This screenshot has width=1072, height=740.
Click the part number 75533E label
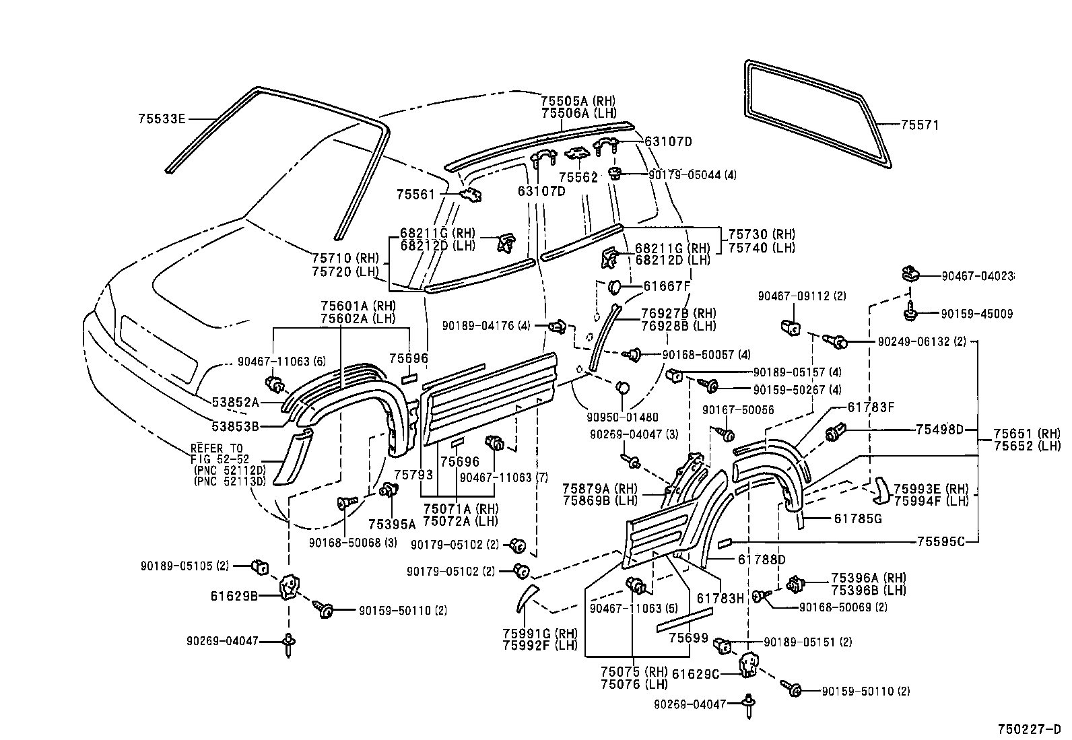[161, 119]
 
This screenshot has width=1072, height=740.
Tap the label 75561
[416, 195]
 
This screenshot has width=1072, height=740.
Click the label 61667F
[667, 285]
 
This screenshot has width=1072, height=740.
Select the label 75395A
[392, 524]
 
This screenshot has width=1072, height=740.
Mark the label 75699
[688, 637]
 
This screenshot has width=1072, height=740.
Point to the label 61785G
[857, 518]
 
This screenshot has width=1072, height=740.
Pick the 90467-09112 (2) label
[801, 296]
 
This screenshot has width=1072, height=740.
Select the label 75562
[578, 177]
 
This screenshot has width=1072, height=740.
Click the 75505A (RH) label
[578, 101]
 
